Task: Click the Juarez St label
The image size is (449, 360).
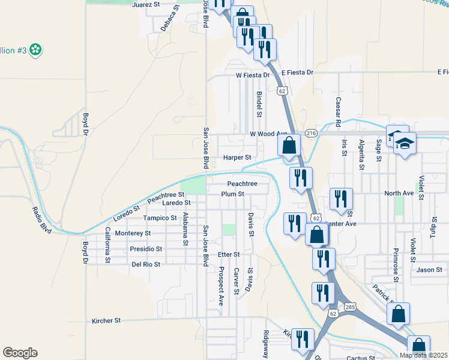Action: pos(146,4)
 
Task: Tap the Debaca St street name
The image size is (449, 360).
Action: pos(169,19)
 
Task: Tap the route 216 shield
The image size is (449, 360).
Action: pos(311,133)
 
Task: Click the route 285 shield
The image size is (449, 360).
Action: pos(351,307)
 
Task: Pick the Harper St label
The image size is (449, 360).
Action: pos(237,158)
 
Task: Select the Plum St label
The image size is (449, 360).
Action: pos(233,194)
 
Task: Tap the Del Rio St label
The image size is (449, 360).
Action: pos(146,264)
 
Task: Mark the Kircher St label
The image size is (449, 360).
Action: pos(106,321)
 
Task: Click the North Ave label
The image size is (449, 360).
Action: pos(399,193)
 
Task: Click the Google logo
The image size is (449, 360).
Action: pos(20,353)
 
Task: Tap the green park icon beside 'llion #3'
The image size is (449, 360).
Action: pos(36,50)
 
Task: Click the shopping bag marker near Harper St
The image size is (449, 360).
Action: pos(289,145)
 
